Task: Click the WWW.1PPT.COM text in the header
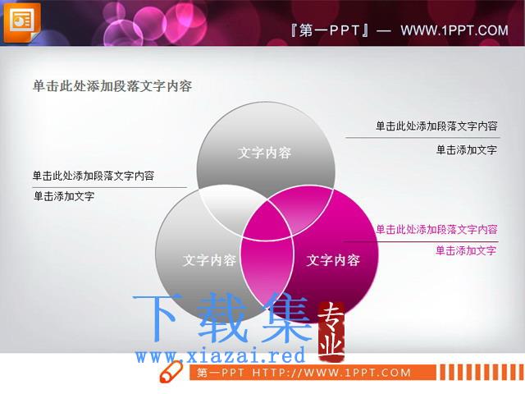coord(454,30)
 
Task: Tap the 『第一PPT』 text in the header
coord(330,30)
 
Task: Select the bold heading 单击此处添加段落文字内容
coord(112,86)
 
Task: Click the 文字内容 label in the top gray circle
coord(264,153)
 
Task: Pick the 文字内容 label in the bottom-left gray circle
coord(210,260)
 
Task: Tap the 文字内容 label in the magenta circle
coord(333,260)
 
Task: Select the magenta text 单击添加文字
coord(466,250)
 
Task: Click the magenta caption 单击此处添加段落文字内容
coord(436,230)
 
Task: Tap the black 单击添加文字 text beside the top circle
coord(467,149)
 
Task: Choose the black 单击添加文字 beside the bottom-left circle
coord(64,196)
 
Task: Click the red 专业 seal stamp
coord(331,332)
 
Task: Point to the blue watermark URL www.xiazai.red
coord(221,355)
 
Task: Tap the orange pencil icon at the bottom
coord(171,371)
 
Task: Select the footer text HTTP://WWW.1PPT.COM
coord(331,373)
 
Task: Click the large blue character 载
coord(223,318)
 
